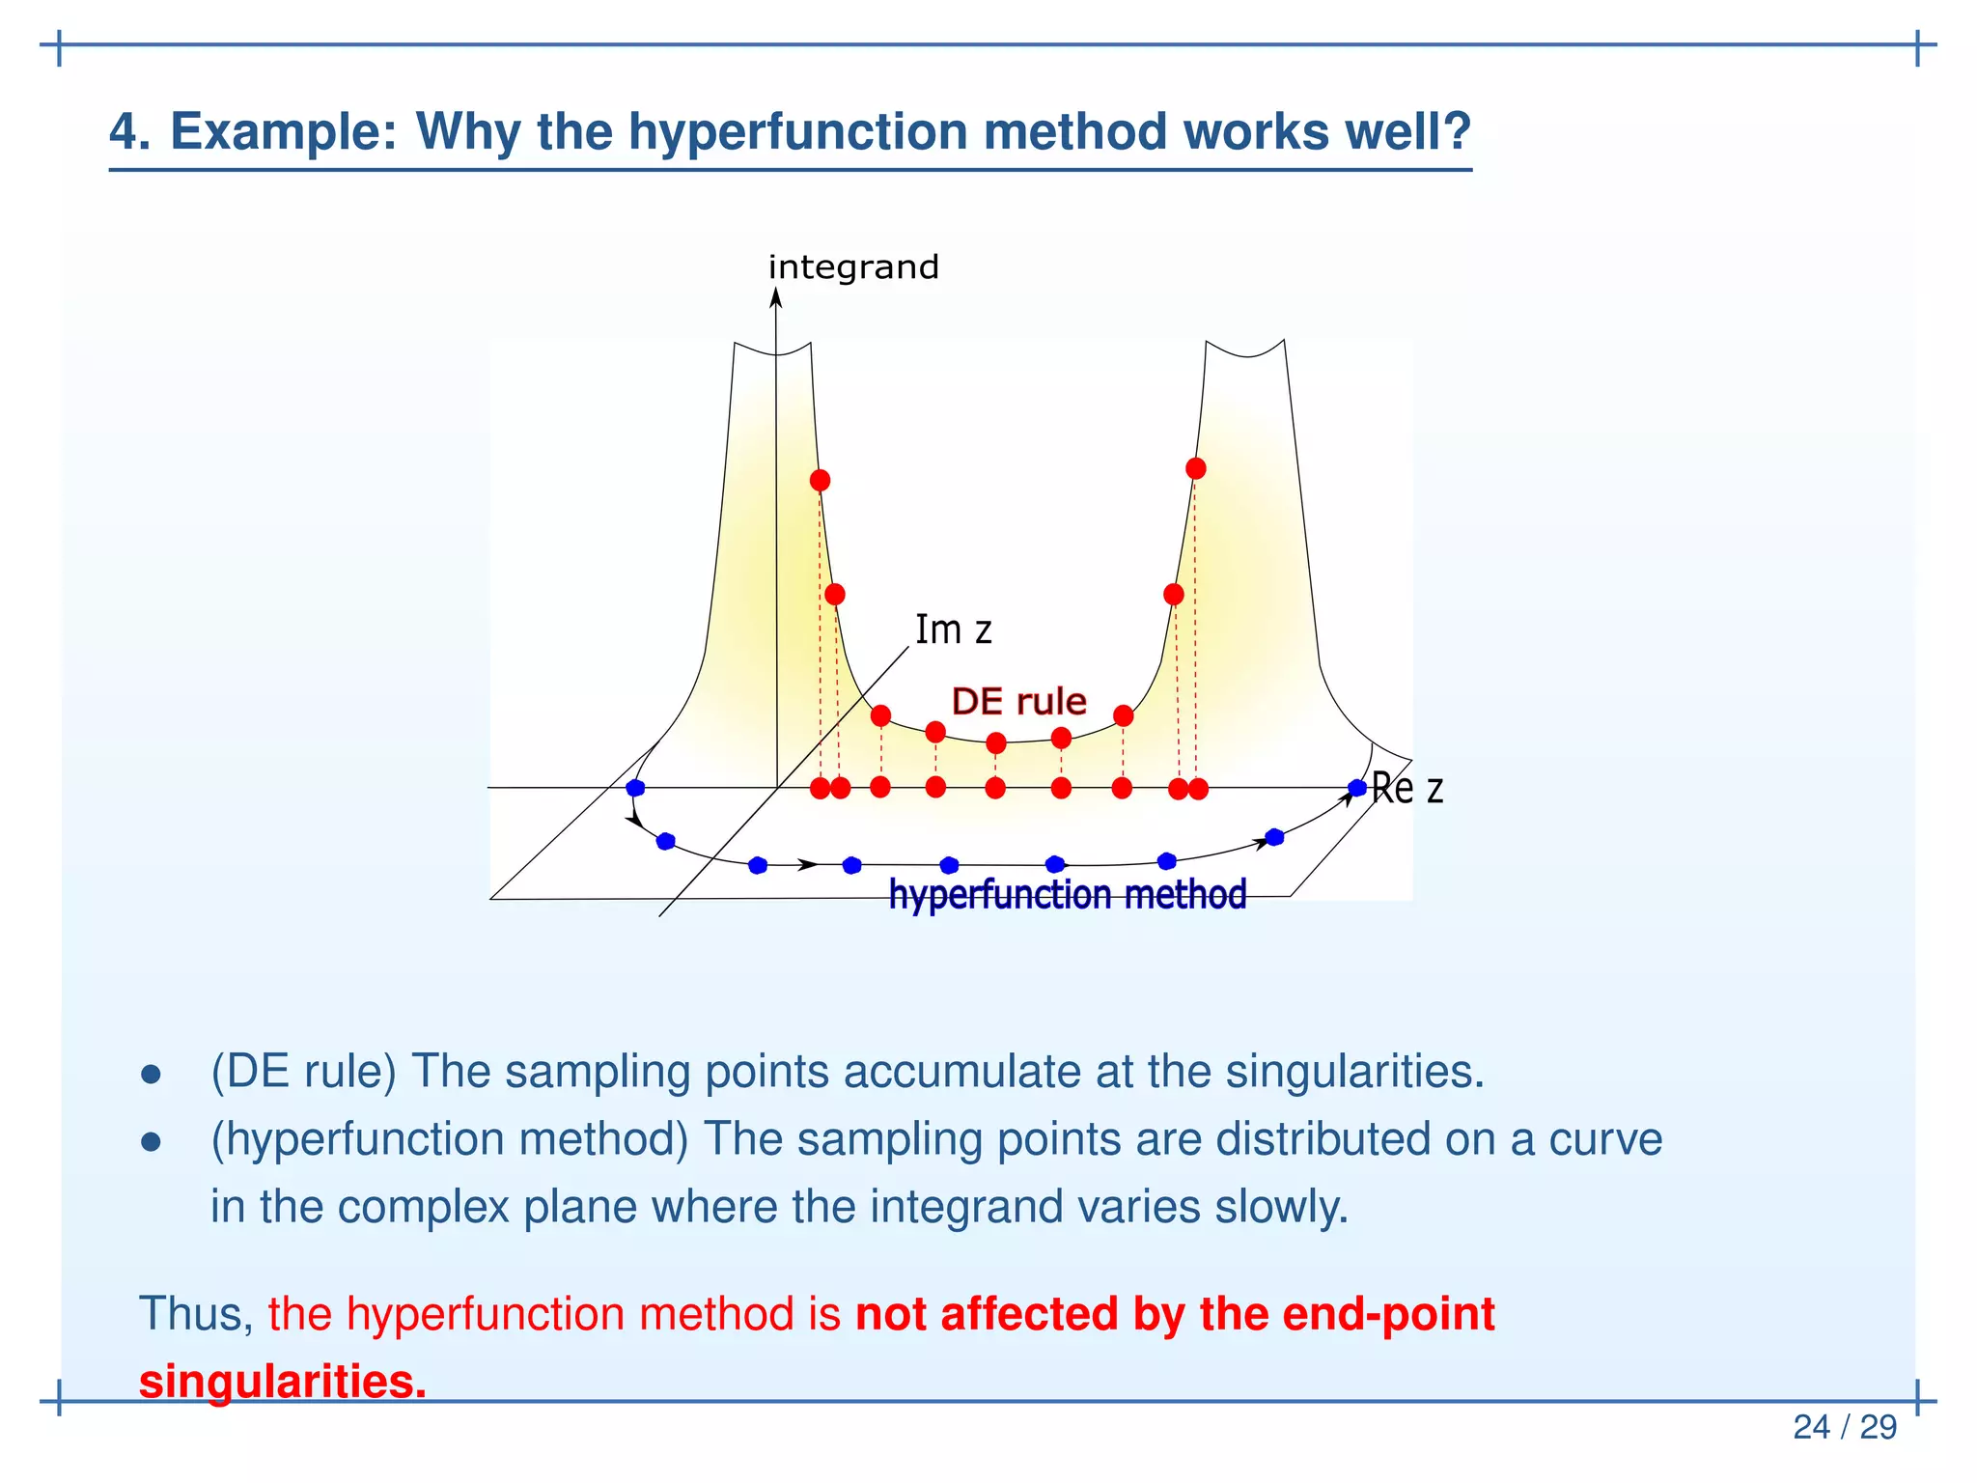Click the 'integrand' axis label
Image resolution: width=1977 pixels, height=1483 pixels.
(853, 266)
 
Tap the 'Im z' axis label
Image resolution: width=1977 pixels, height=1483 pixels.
(953, 630)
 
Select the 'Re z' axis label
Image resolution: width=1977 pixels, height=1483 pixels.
(1406, 789)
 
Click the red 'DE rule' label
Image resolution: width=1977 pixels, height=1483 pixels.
(1018, 701)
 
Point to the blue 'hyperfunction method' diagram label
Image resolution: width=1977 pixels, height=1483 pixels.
(1067, 894)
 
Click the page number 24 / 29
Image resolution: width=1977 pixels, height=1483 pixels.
(1844, 1427)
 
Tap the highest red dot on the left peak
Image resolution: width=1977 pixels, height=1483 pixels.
(820, 480)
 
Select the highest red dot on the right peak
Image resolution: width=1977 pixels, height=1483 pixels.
(1195, 468)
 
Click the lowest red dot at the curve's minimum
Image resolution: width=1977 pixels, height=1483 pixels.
(996, 742)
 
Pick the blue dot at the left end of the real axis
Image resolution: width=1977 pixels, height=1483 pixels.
(635, 788)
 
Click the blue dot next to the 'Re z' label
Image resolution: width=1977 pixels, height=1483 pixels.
(1356, 788)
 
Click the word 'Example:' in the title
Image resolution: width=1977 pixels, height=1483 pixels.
(284, 131)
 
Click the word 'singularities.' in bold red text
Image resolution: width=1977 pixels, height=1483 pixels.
(282, 1381)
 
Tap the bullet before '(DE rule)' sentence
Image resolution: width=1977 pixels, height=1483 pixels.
(151, 1075)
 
